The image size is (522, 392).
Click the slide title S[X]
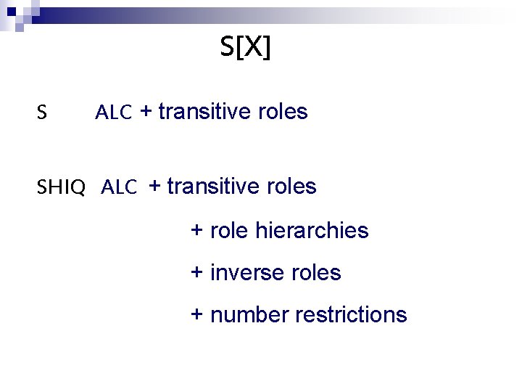[x=245, y=48]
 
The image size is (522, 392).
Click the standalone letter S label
[x=43, y=113]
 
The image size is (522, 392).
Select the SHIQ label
[x=61, y=188]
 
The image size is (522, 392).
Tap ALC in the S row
[x=114, y=113]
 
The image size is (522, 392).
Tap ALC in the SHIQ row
[x=120, y=188]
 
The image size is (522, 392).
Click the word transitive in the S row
[x=205, y=112]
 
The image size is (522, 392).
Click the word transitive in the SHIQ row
[x=214, y=187]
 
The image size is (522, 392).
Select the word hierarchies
[x=312, y=231]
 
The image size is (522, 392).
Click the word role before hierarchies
[x=229, y=231]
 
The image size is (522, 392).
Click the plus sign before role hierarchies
[x=196, y=232]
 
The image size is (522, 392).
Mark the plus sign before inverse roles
[x=196, y=274]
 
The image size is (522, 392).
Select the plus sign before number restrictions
[x=196, y=316]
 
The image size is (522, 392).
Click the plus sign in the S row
[x=146, y=113]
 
